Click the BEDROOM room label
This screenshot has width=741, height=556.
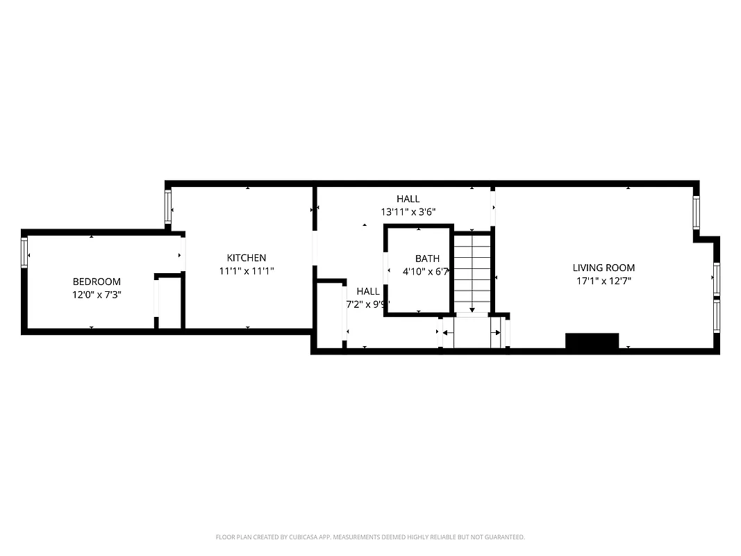(97, 281)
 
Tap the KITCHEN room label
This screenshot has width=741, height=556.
(247, 258)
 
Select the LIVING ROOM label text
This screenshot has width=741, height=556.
(603, 268)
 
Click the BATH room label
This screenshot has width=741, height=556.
(427, 259)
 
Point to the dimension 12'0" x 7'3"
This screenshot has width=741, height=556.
(97, 295)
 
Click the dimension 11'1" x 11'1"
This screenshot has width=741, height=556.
(247, 271)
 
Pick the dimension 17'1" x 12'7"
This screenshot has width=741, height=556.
(603, 281)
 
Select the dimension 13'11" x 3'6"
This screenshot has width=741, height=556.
(408, 212)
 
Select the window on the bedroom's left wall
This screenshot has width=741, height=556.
(24, 252)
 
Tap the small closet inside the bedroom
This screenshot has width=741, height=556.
(168, 302)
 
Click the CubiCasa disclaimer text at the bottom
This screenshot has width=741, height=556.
(370, 537)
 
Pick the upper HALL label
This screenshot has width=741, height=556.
(408, 199)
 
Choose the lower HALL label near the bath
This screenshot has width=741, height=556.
(367, 291)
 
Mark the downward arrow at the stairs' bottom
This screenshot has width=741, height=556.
(472, 309)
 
